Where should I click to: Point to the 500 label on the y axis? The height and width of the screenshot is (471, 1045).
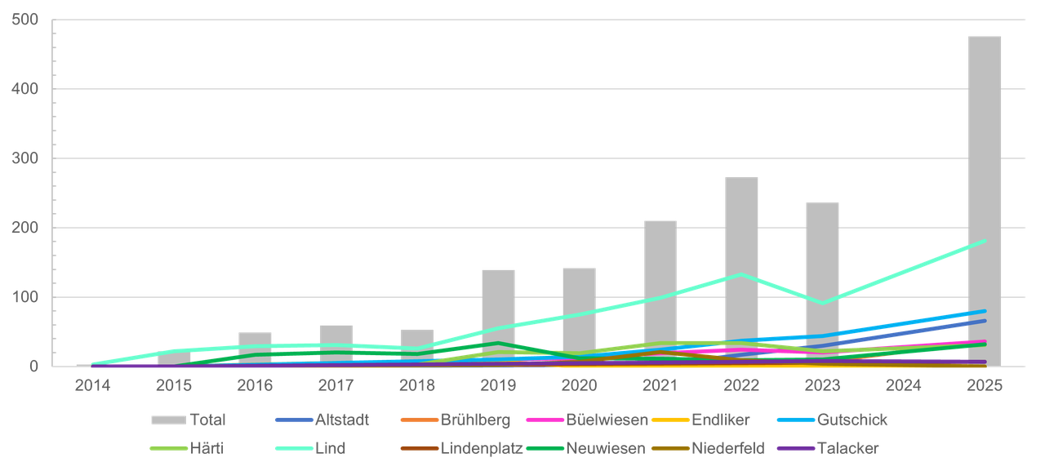[x=25, y=20]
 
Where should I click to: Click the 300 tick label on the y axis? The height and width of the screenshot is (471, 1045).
[x=25, y=158]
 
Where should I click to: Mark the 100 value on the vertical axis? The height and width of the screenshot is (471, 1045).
[x=25, y=297]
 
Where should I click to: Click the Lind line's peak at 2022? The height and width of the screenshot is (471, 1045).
[x=741, y=274]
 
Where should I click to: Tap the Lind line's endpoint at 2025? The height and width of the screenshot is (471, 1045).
[x=984, y=241]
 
